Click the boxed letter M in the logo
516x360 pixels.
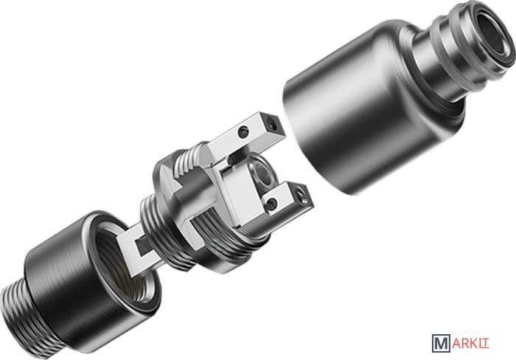point(441,343)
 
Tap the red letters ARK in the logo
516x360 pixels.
point(464,344)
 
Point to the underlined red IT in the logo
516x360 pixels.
point(484,344)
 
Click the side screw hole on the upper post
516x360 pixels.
point(243,132)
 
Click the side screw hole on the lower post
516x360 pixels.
point(271,204)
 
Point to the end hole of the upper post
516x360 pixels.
point(272,124)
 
